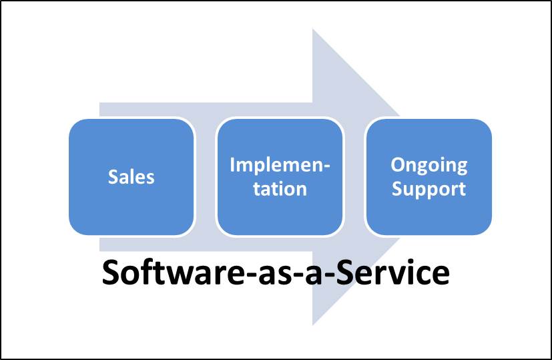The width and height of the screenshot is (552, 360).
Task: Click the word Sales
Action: click(x=131, y=177)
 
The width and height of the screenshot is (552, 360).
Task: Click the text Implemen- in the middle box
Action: click(x=280, y=165)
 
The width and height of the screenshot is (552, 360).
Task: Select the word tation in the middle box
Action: click(x=280, y=188)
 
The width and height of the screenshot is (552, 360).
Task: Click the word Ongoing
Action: click(x=429, y=165)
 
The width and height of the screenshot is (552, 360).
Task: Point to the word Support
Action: click(x=429, y=188)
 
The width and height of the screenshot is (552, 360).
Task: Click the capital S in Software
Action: click(x=111, y=273)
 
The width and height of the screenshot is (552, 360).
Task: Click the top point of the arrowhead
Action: click(x=313, y=31)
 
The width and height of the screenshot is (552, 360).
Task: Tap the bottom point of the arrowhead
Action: click(x=313, y=325)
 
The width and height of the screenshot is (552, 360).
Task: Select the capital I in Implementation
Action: click(x=232, y=165)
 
